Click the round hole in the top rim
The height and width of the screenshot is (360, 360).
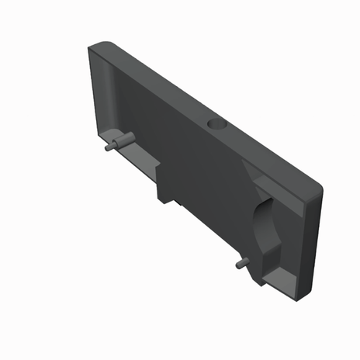(x=216, y=124)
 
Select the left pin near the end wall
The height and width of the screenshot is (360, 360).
(x=116, y=143)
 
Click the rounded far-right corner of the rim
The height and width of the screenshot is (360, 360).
(x=318, y=187)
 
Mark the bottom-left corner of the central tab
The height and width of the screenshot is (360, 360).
(x=159, y=199)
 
